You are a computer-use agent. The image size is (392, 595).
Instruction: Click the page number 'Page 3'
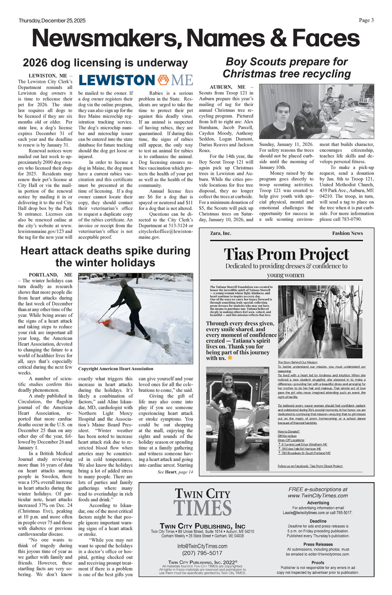click(366, 20)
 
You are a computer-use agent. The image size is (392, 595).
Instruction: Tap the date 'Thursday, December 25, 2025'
click(52, 21)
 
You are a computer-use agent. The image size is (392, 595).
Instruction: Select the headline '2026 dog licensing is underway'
click(105, 63)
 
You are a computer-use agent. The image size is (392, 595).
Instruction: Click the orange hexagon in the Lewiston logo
click(163, 80)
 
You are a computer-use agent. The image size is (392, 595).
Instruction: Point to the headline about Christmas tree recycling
click(287, 68)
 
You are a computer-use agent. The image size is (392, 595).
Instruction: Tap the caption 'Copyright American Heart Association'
click(116, 369)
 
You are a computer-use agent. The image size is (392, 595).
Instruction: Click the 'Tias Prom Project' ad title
click(286, 254)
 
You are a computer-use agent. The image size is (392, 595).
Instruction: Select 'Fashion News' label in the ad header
click(347, 233)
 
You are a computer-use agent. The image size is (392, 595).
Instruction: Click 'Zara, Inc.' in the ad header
click(220, 233)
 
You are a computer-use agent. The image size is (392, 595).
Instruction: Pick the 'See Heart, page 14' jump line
click(175, 472)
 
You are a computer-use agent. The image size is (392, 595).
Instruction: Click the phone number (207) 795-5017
click(202, 553)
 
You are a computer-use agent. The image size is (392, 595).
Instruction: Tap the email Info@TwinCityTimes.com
click(202, 546)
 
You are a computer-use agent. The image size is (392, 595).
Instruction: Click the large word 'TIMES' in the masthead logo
click(202, 508)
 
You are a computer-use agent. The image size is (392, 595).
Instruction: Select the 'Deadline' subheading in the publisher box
click(318, 521)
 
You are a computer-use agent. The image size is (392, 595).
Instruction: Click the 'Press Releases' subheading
click(318, 544)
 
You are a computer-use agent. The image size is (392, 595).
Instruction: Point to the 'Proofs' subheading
click(318, 562)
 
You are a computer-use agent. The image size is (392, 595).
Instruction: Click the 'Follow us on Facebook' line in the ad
click(310, 466)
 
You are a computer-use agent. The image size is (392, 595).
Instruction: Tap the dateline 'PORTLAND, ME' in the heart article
click(50, 275)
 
